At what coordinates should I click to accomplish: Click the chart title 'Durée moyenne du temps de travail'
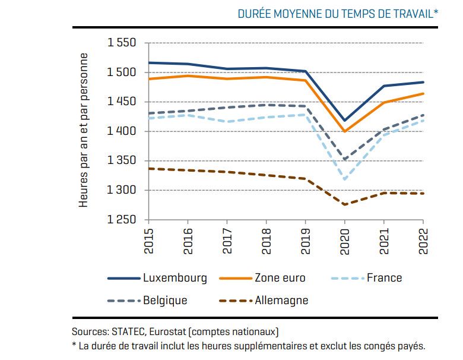tap(338, 14)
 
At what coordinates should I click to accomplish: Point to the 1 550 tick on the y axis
tap(122, 43)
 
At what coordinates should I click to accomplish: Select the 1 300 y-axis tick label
tap(122, 190)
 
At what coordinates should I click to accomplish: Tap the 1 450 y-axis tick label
tap(122, 102)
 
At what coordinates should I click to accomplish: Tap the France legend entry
tap(384, 277)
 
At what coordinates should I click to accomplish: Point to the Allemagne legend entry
tap(281, 300)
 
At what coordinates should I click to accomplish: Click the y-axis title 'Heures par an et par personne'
tap(84, 130)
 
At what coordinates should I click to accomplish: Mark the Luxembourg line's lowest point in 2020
tap(344, 121)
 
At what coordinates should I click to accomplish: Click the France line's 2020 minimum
tap(344, 179)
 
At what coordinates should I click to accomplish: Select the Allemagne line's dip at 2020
tap(344, 204)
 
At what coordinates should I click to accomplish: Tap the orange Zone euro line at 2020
tap(344, 131)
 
